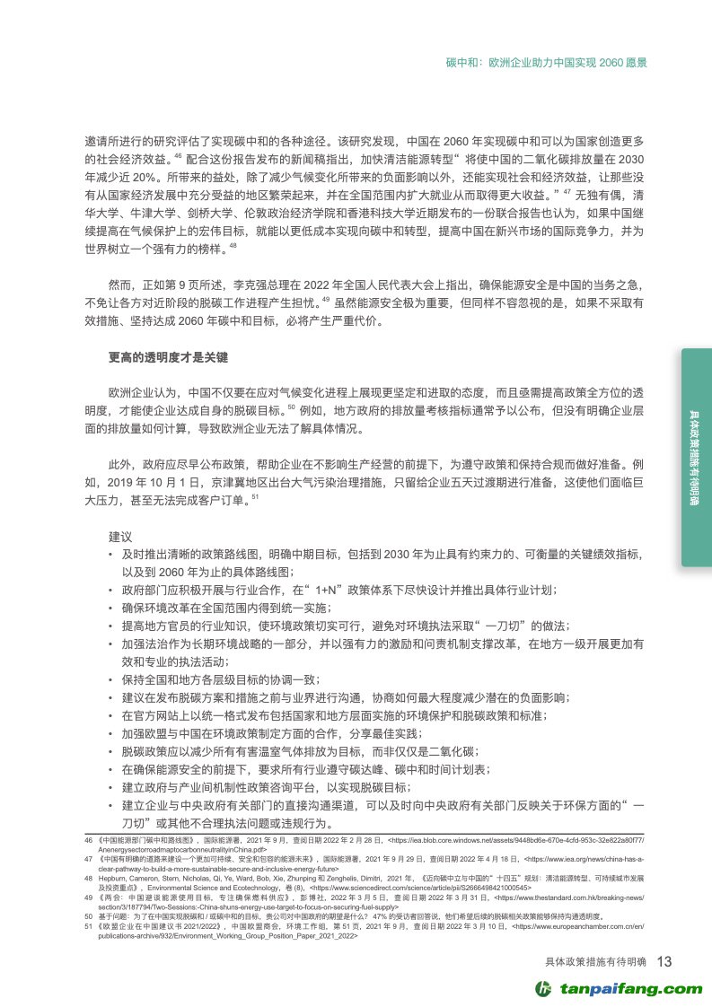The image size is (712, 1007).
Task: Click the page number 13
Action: [x=664, y=962]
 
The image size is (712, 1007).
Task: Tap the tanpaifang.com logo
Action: [x=619, y=988]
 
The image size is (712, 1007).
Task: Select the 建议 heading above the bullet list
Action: [x=120, y=536]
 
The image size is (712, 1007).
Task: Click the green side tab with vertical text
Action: [x=696, y=457]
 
